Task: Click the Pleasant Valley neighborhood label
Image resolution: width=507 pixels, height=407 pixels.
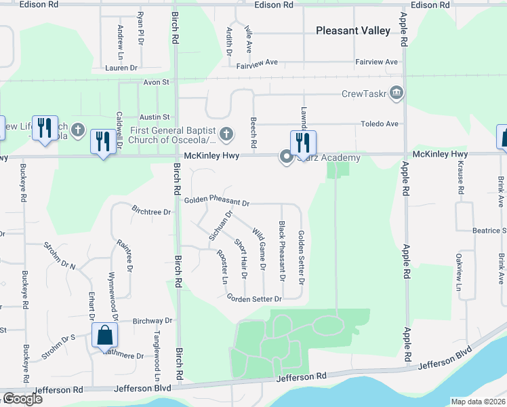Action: [353, 31]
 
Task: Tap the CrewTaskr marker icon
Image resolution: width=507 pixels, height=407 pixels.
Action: [397, 92]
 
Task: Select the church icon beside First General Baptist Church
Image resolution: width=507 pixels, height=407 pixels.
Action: [226, 134]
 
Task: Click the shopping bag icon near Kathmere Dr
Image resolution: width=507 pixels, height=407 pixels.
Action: [105, 335]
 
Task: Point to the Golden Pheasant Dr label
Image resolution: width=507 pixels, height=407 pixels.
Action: [217, 202]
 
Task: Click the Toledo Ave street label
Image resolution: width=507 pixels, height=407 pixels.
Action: [379, 124]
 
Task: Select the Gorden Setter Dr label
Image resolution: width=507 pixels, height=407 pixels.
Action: [254, 298]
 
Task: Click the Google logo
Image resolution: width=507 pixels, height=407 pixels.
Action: [22, 399]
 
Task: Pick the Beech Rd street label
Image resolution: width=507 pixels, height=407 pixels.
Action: [254, 132]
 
